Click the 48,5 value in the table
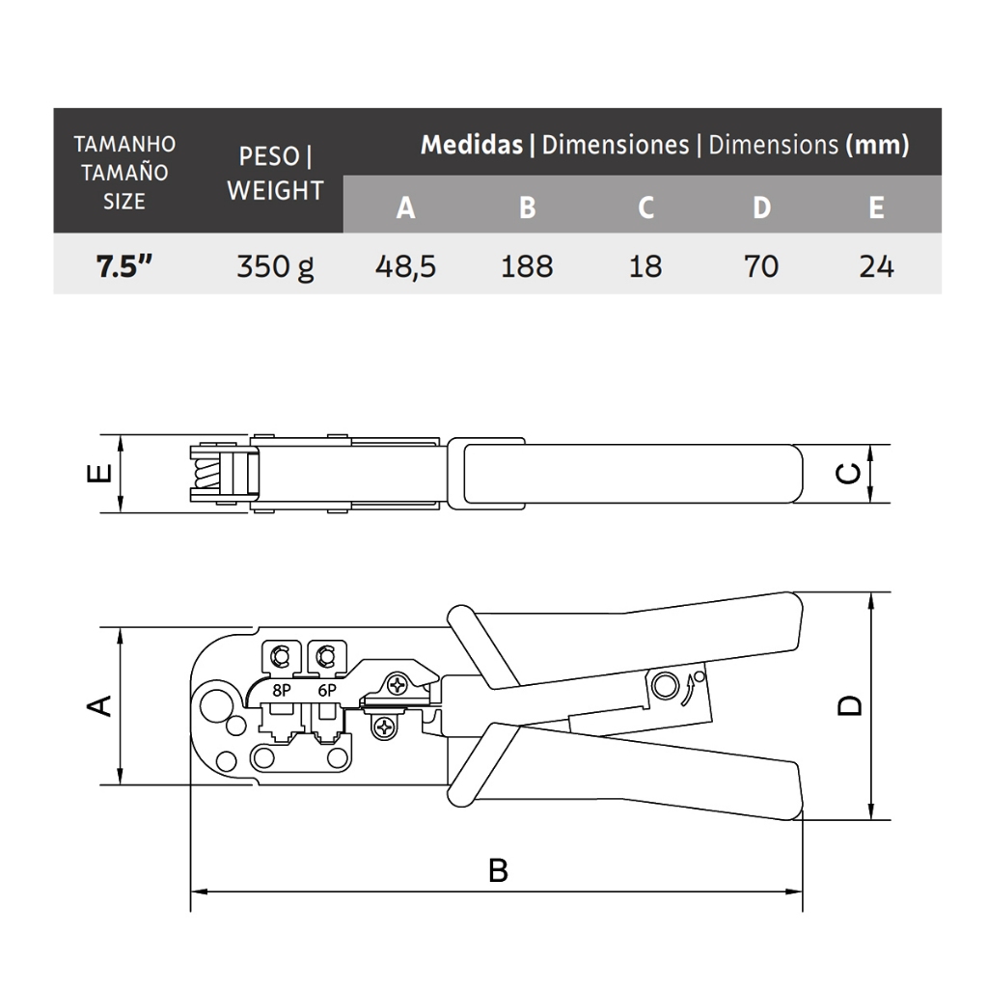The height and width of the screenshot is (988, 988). pos(405,266)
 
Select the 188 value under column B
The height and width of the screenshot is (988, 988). pos(527,266)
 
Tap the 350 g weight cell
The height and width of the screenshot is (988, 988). pos(275,267)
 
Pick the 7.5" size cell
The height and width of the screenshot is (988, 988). pos(124,266)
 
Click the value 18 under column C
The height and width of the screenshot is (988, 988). pos(645,266)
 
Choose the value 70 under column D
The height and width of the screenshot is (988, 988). pos(760,266)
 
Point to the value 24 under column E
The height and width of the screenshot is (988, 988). pos(876,266)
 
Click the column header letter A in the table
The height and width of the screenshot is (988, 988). pos(406,207)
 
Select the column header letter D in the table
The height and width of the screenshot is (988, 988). pos(762,207)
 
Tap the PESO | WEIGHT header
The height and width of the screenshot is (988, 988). pos(275,174)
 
